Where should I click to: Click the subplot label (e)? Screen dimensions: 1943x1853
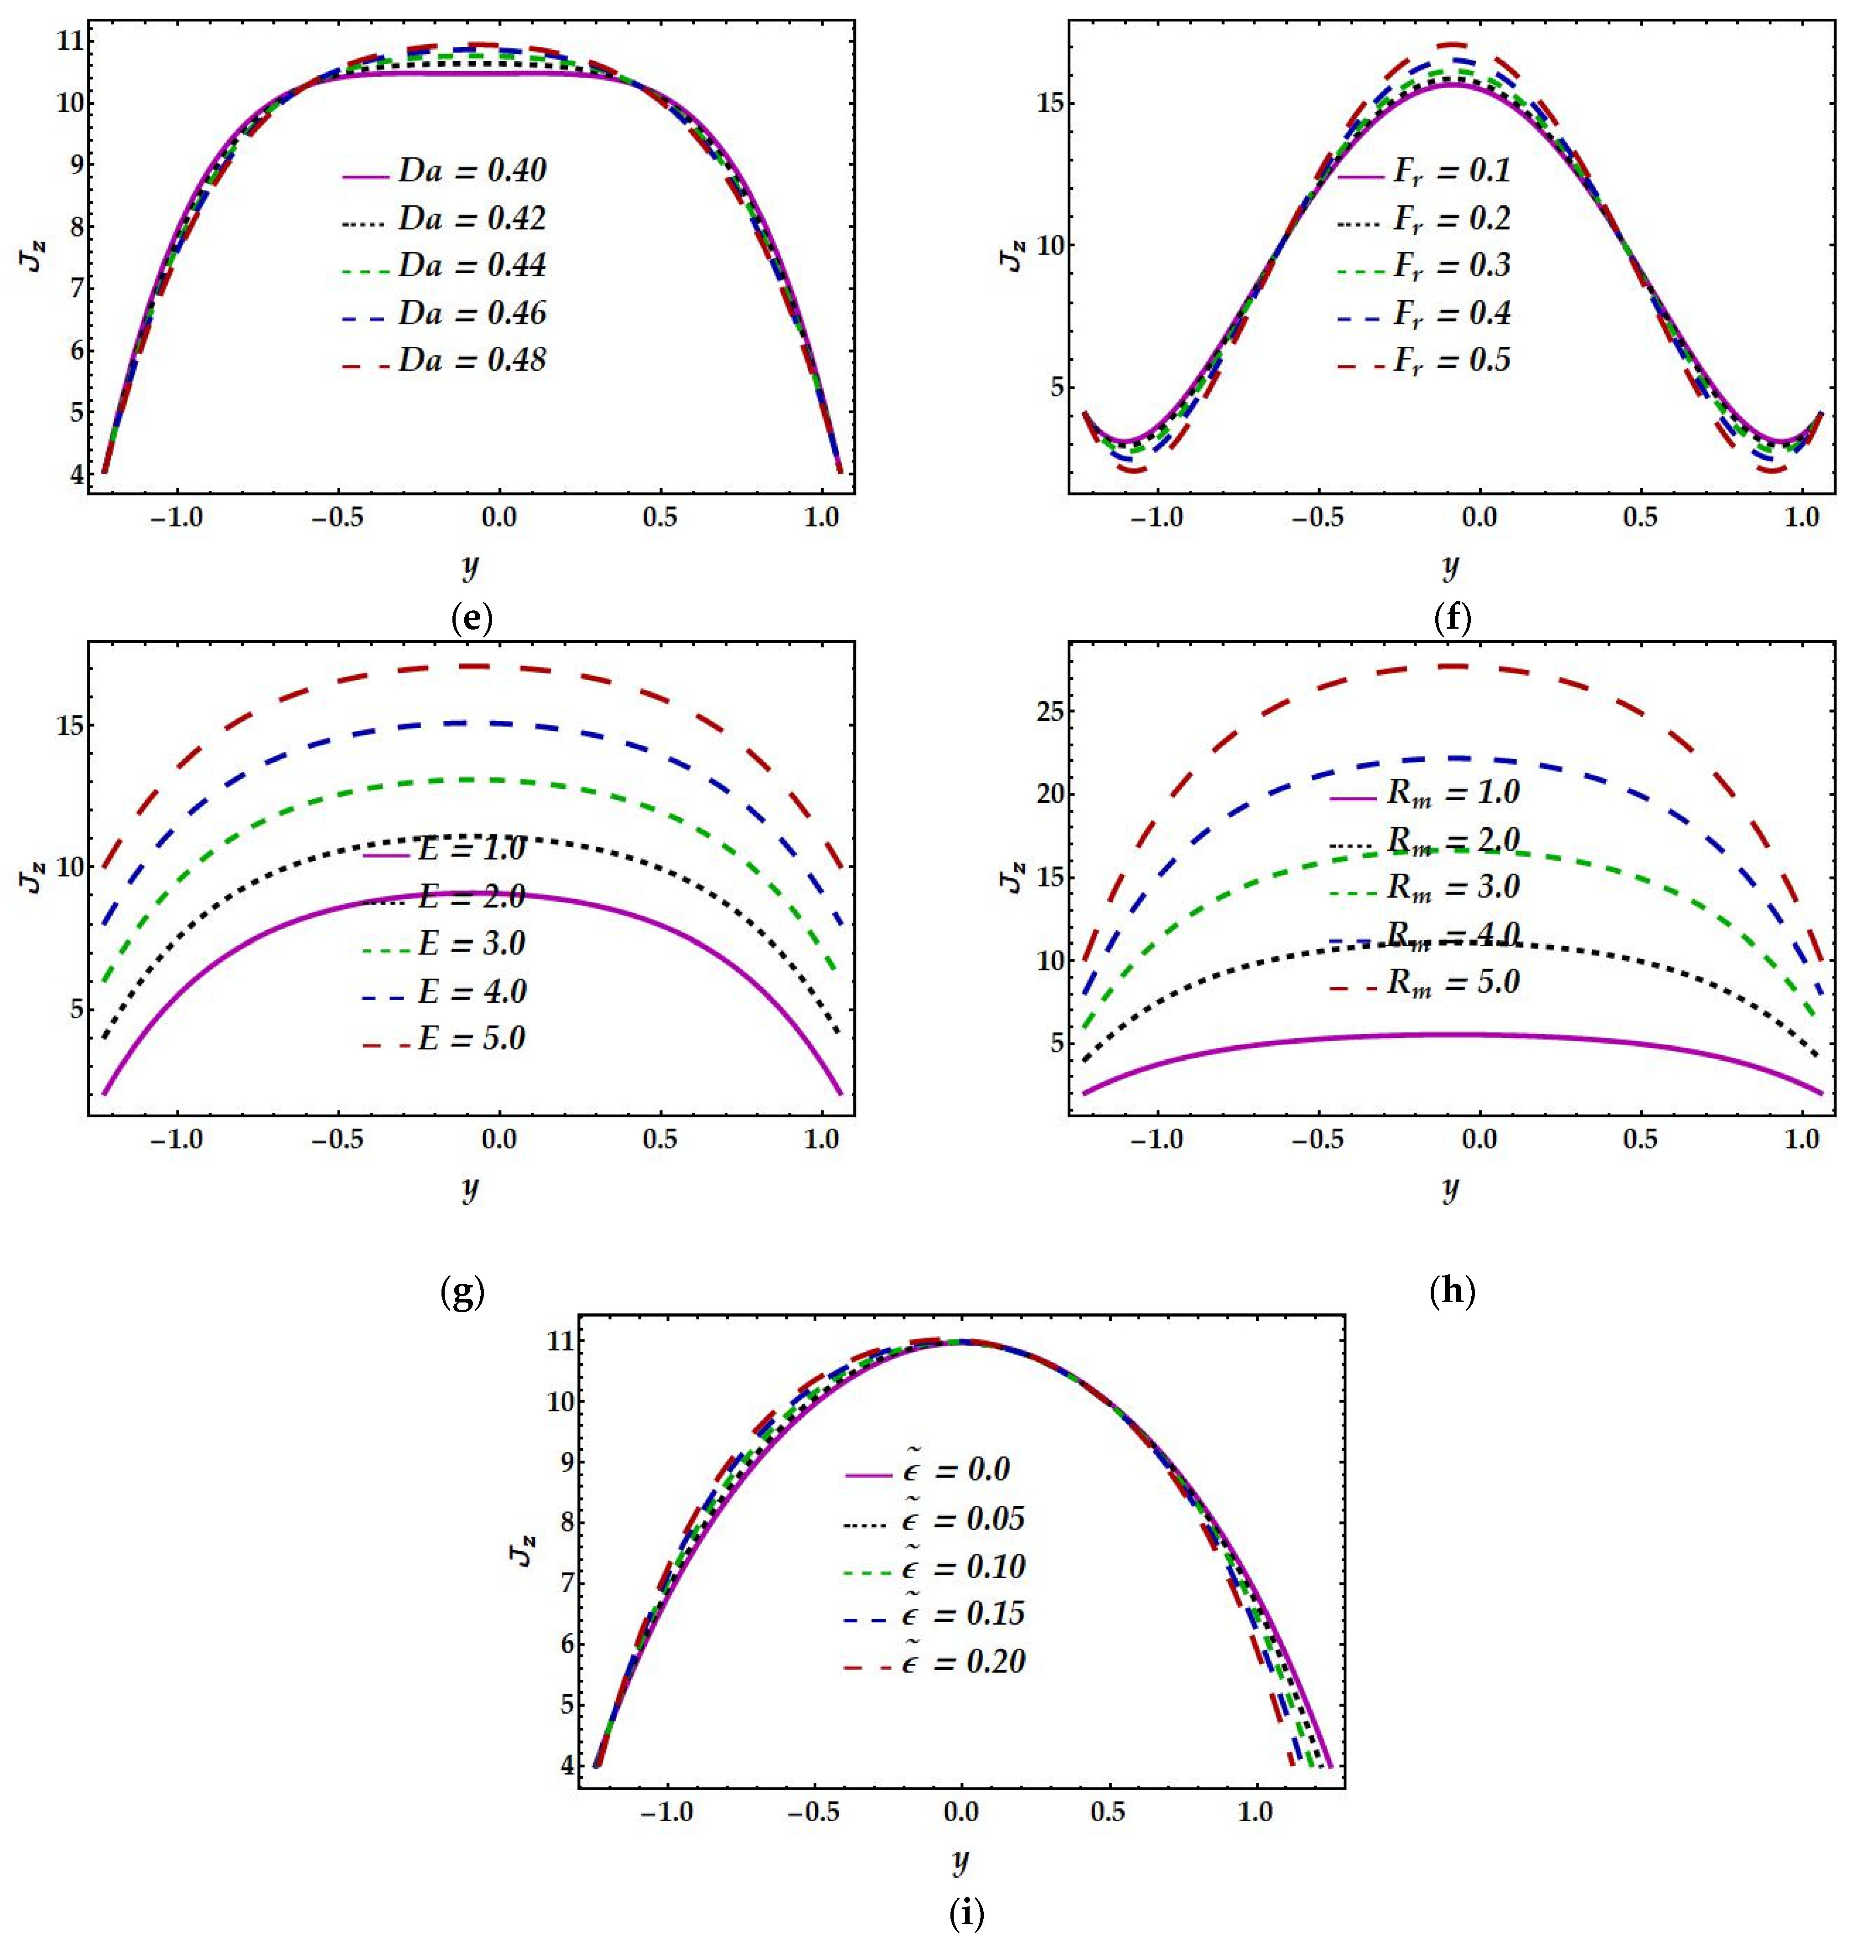(471, 620)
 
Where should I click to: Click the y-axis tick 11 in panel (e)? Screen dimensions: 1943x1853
(69, 42)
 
